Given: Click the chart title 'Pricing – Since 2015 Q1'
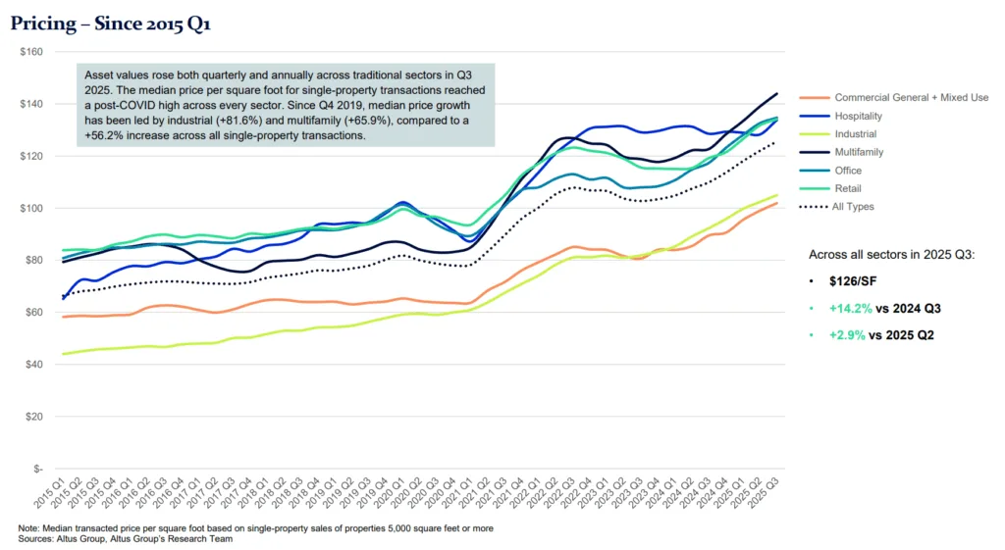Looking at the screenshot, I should [110, 24].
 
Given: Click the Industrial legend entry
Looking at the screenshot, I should [857, 134].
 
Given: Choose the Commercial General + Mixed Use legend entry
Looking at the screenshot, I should [911, 97].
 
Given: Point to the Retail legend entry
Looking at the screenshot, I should [849, 189].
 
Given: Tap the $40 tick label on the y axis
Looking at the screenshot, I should [32, 365].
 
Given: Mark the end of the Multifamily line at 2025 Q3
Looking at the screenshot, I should [777, 94].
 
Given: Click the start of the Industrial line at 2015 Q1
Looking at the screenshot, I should [63, 354].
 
